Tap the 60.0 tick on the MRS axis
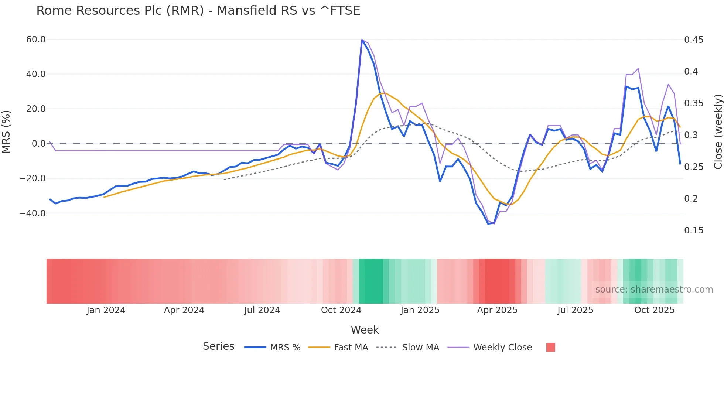[x=36, y=40]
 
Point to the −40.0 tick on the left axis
[x=33, y=213]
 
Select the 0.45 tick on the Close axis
[x=694, y=40]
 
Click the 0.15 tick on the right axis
[x=694, y=230]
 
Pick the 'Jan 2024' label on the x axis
[x=106, y=310]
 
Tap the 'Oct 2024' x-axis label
[x=341, y=310]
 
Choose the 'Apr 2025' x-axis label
[x=497, y=310]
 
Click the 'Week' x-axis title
[x=365, y=330]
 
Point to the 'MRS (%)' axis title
[x=6, y=131]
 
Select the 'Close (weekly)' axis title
[x=718, y=132]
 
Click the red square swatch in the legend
[x=550, y=347]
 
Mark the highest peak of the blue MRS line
[x=362, y=40]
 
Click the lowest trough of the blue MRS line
[x=488, y=224]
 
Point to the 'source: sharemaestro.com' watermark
[x=654, y=290]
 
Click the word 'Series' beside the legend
[x=218, y=346]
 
